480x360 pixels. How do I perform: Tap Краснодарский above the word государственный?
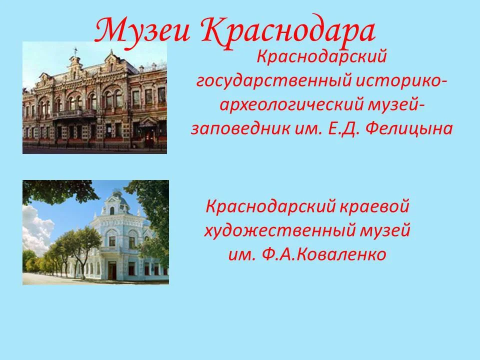[322, 57]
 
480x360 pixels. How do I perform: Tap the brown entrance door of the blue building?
[112, 270]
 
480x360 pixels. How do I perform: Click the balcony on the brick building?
[67, 113]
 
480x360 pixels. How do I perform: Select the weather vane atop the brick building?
[75, 50]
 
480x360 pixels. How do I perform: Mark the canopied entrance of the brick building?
[148, 125]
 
